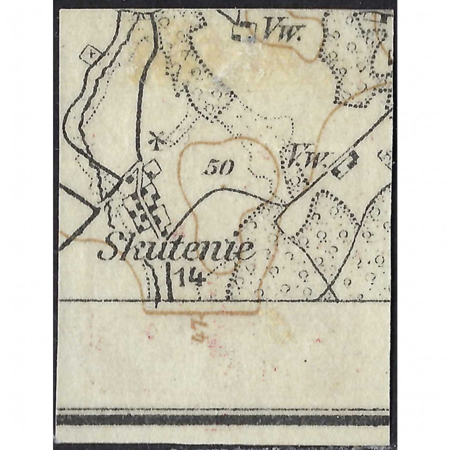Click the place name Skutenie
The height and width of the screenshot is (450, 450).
pos(175,250)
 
